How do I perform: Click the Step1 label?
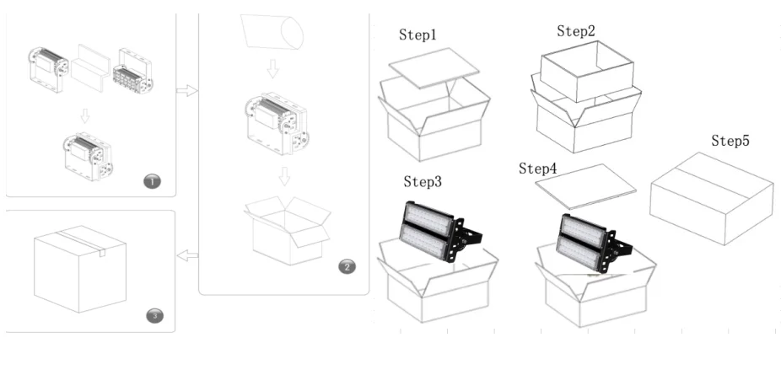(419, 35)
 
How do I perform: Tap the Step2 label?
(577, 31)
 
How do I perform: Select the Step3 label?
(423, 181)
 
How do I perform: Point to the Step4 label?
(538, 169)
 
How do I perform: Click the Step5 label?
(730, 141)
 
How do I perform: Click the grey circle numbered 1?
(151, 181)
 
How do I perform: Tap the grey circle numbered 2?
(347, 267)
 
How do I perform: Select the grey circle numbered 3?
(154, 316)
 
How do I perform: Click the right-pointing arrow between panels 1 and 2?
(186, 90)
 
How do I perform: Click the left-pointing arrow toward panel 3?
(187, 254)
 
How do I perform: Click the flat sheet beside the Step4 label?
(586, 185)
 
